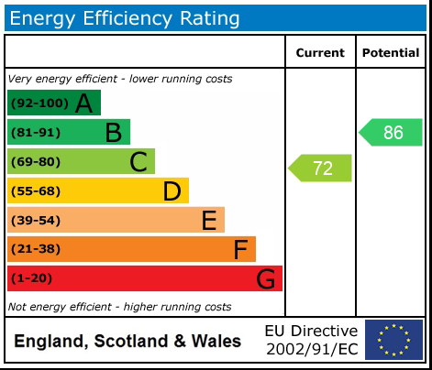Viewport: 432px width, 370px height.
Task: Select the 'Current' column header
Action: (320, 53)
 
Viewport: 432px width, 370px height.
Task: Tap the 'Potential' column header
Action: (391, 53)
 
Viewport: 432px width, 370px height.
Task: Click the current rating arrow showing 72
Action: (321, 169)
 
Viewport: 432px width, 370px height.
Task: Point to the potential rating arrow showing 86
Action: (392, 133)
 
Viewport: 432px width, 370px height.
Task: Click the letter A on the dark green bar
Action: (83, 103)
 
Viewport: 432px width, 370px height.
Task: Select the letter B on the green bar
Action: (113, 133)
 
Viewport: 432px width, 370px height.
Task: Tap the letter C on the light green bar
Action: (138, 162)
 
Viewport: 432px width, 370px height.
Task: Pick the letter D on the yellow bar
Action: (172, 191)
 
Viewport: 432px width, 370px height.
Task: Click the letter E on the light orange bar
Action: (209, 221)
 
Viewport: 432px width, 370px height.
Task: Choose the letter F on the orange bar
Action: (240, 250)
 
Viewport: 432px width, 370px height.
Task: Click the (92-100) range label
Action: (39, 103)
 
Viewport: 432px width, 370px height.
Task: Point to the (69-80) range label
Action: (36, 162)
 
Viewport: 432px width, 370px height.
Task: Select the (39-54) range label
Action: (36, 221)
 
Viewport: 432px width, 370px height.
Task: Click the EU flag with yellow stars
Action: (393, 340)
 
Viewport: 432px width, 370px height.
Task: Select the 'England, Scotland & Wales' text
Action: (127, 342)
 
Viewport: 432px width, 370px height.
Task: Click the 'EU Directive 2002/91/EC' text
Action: (311, 340)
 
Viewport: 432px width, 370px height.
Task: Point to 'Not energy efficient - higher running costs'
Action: (119, 307)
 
